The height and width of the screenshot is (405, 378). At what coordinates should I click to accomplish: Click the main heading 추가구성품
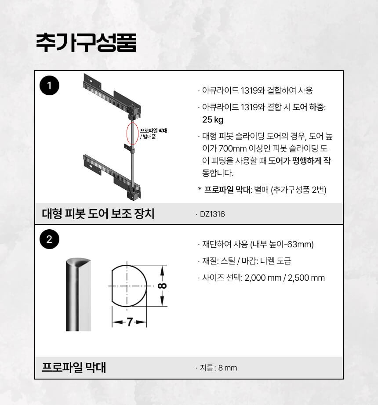86,43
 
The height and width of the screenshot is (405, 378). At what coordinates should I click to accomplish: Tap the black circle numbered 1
49,86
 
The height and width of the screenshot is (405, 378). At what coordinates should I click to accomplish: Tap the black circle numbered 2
49,239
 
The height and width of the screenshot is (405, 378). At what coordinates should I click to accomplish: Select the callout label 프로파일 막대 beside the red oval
153,130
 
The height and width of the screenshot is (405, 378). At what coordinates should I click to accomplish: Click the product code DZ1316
212,214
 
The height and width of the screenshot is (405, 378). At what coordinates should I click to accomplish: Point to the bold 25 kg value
213,119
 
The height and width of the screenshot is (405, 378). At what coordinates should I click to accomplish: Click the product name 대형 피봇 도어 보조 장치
98,213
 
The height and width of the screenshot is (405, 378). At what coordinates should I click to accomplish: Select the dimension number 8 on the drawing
162,286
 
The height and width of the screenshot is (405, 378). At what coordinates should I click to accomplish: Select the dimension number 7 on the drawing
130,322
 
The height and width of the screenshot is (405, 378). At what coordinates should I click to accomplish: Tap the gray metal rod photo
78,294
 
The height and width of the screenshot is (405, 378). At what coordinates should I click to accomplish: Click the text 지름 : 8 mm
218,368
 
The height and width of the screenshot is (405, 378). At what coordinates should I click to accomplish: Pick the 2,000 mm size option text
263,278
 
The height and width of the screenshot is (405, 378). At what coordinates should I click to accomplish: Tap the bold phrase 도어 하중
308,107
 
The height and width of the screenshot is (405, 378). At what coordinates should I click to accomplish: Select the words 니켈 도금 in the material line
276,261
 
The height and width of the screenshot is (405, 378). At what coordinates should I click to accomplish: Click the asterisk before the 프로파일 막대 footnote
200,189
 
